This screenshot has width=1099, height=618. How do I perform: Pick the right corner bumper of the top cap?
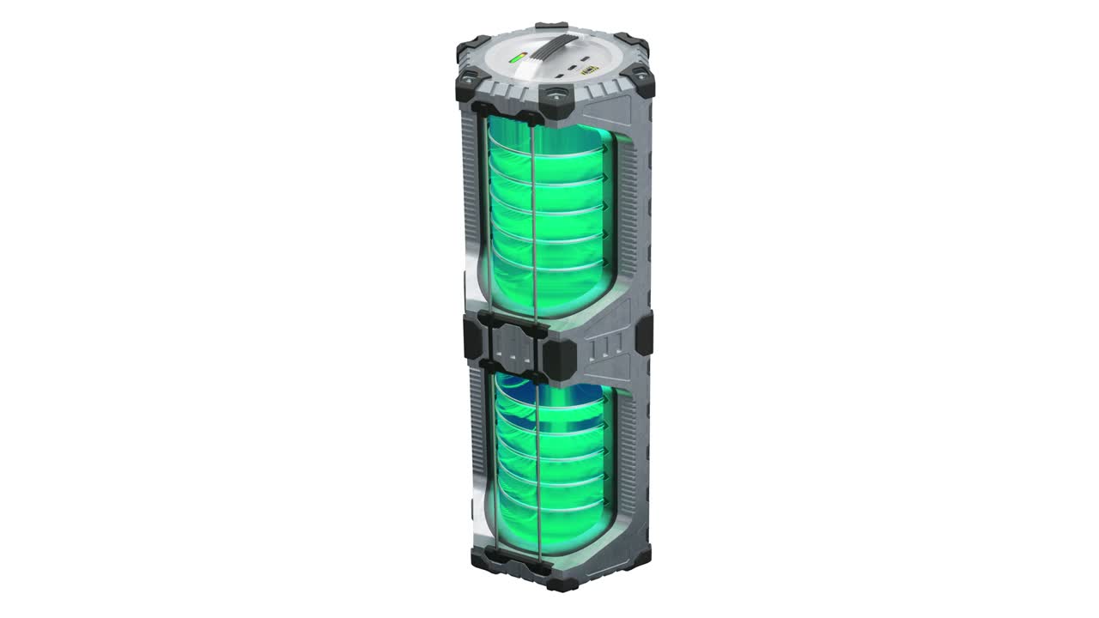639,81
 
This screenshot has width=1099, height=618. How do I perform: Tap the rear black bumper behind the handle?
549,27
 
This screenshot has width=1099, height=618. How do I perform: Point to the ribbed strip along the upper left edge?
468,189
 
